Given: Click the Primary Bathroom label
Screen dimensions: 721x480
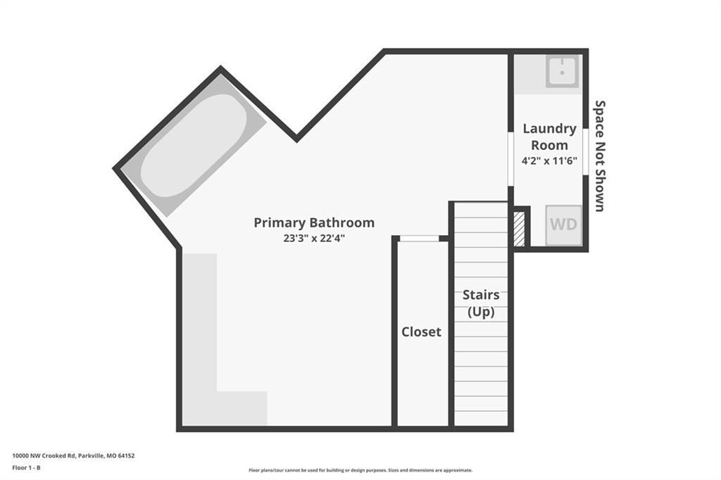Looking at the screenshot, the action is [x=314, y=222].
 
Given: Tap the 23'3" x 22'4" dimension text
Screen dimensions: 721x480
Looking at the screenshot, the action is [x=314, y=238].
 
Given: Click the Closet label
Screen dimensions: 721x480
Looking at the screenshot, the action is [x=421, y=331].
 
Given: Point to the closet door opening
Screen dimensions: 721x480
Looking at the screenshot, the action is [x=419, y=238].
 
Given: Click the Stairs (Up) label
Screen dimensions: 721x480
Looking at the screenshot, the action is [x=481, y=303].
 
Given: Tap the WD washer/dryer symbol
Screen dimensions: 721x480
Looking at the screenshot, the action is [x=564, y=225].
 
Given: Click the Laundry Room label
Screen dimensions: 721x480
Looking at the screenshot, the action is [x=549, y=137].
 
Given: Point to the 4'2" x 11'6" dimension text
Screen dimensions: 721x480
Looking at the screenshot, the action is [x=549, y=160].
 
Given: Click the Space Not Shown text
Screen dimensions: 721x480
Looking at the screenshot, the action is [x=600, y=156].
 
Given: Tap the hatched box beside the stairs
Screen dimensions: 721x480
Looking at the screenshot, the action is [x=519, y=229].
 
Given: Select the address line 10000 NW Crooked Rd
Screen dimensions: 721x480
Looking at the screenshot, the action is [x=73, y=455].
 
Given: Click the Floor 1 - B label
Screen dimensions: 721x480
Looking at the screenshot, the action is [x=26, y=467].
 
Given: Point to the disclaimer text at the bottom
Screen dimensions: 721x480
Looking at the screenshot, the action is [x=360, y=470].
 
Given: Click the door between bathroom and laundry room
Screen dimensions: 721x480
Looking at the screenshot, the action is [x=511, y=159].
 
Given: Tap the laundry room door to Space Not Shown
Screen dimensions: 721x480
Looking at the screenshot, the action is [x=586, y=152].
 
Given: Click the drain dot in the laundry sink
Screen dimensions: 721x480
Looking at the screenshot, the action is [x=563, y=72].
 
